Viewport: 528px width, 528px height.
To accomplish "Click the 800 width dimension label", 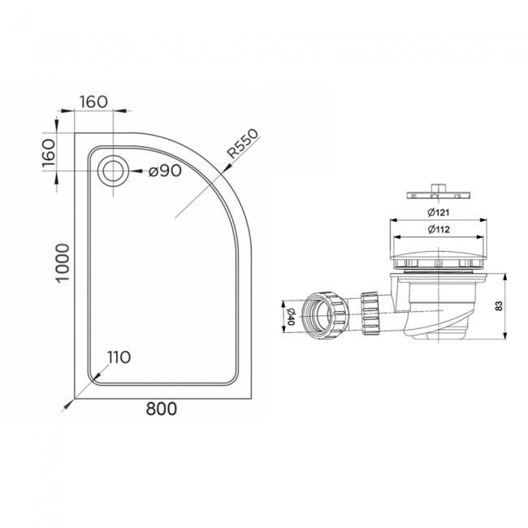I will (162, 410).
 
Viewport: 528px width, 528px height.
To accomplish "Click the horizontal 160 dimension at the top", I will (94, 102).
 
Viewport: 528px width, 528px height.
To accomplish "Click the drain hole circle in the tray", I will (111, 171).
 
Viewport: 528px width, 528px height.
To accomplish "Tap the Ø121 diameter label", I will (439, 213).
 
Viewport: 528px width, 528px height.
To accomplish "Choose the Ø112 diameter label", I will (439, 229).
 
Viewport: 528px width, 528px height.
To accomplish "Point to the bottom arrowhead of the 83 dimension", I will (506, 335).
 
